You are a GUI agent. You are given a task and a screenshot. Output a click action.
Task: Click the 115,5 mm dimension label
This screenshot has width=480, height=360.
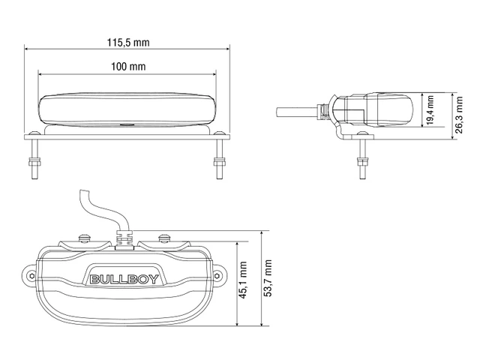pos(127,43)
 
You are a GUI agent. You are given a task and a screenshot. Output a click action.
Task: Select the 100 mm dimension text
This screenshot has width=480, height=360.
pos(127,67)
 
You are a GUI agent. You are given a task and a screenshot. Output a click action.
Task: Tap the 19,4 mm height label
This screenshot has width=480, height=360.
pos(430,111)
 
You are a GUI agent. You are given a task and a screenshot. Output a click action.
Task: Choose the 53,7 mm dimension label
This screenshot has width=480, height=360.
pos(267,280)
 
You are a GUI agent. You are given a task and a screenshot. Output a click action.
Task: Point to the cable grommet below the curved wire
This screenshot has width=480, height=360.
pos(125,238)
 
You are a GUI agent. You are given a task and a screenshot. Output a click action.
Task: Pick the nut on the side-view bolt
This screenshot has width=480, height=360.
pos(364,160)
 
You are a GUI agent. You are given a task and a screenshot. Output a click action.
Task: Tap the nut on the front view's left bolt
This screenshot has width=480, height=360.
pos(34,160)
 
